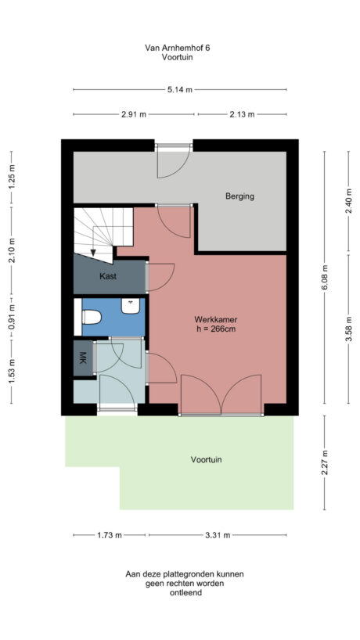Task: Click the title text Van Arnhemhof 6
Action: pyautogui.click(x=178, y=48)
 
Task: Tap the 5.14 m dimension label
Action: pyautogui.click(x=179, y=90)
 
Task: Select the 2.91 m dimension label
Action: pyautogui.click(x=134, y=114)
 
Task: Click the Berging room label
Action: pyautogui.click(x=239, y=196)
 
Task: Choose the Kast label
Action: pyautogui.click(x=108, y=277)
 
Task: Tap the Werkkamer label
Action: pyautogui.click(x=216, y=320)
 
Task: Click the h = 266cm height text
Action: pyautogui.click(x=216, y=329)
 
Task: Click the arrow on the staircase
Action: pyautogui.click(x=95, y=252)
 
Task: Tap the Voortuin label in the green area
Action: pyautogui.click(x=206, y=460)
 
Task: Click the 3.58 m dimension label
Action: pyautogui.click(x=349, y=329)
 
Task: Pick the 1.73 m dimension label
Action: pyautogui.click(x=110, y=536)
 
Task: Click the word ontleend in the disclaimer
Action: pyautogui.click(x=185, y=593)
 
